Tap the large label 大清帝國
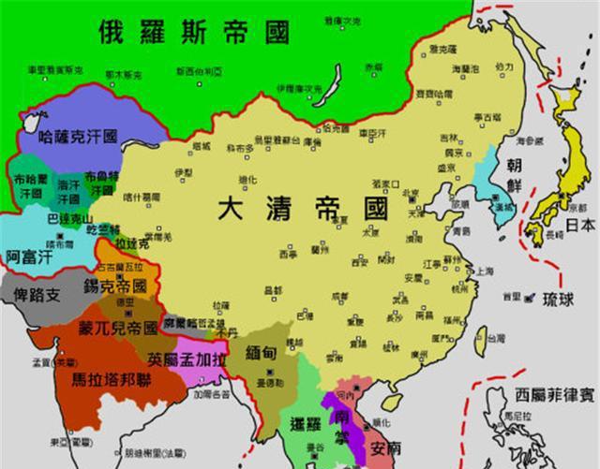pyautogui.click(x=302, y=209)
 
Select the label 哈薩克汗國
pyautogui.click(x=79, y=137)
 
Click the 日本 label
pyautogui.click(x=579, y=226)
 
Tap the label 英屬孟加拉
pyautogui.click(x=186, y=359)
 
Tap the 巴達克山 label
pyautogui.click(x=57, y=217)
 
